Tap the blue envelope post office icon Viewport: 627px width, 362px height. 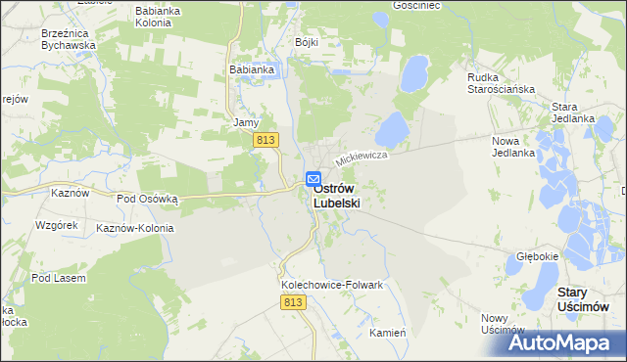[313, 179]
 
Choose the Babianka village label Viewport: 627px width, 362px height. [251, 70]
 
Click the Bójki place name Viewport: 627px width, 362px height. [308, 43]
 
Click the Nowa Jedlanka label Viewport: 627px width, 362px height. [512, 147]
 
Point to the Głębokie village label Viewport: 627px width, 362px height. [537, 256]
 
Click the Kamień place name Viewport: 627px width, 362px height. [388, 333]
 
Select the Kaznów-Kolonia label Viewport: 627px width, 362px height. [134, 228]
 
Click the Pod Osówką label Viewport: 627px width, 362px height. [147, 198]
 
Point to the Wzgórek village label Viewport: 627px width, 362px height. [56, 225]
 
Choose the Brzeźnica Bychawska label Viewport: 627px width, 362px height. [68, 38]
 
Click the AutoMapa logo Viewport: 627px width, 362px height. [568, 342]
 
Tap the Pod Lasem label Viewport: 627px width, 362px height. [58, 278]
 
